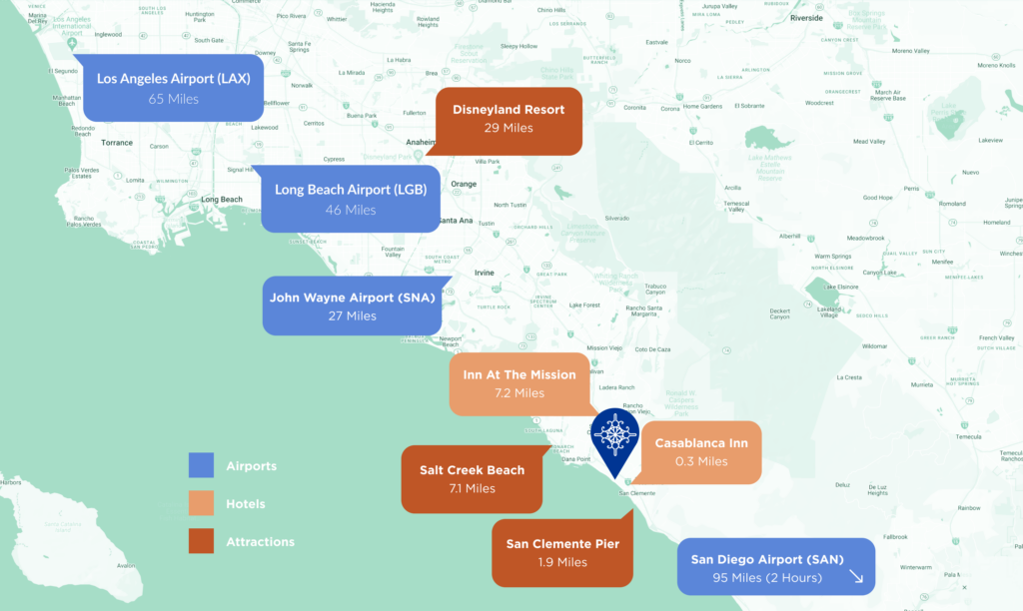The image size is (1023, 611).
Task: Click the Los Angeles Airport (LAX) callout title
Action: coord(173,78)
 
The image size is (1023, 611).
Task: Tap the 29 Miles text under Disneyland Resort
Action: coord(508,128)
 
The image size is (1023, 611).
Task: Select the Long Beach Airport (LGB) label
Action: coord(351,190)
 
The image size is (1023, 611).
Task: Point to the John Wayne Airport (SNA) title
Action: coord(353,296)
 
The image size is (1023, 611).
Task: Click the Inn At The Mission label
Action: coord(519,374)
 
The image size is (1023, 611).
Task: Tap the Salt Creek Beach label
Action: coord(472,470)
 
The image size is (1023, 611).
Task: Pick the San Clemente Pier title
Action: coord(562,543)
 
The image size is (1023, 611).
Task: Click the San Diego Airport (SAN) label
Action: coord(767,558)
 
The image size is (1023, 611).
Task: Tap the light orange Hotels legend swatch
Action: coord(202,504)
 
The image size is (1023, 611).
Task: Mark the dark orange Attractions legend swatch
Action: coord(202,541)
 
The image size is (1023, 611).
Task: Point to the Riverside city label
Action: coord(806,18)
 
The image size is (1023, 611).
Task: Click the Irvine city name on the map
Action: coord(484,273)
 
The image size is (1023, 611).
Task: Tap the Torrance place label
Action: coord(117,143)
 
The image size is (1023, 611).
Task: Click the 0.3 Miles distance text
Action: coord(698,461)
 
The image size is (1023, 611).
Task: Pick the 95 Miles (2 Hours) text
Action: coord(767,578)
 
